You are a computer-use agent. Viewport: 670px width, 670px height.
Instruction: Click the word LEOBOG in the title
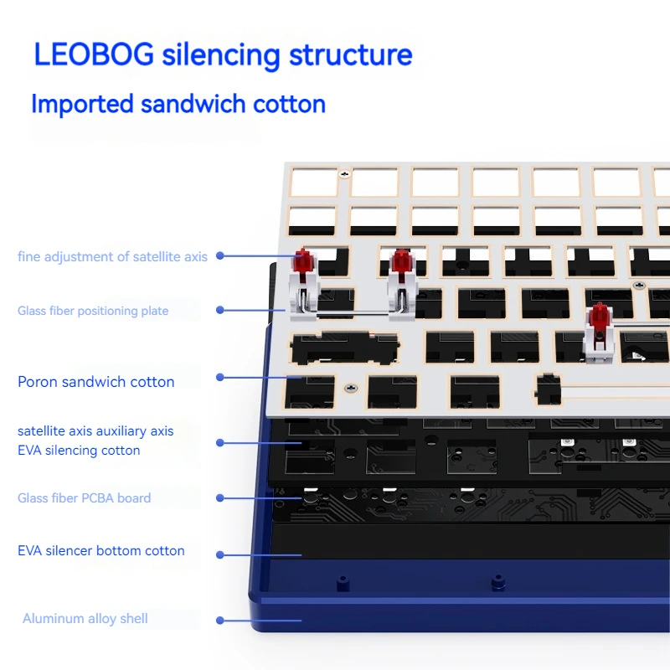tap(94, 54)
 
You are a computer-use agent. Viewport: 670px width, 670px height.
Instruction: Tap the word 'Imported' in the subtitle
tap(82, 104)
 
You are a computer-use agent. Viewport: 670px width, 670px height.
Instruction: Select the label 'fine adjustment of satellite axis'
tap(112, 256)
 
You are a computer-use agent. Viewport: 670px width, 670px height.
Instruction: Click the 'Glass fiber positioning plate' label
tap(93, 311)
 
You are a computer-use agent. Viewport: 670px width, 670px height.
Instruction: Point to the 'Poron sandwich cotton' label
tap(96, 382)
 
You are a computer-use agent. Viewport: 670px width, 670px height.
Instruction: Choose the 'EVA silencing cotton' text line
tap(79, 451)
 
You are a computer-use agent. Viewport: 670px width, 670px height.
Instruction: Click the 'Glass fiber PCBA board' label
tap(84, 498)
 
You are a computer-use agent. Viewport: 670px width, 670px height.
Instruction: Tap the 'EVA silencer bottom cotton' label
tap(100, 551)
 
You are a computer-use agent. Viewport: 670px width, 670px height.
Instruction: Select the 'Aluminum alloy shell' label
tap(85, 619)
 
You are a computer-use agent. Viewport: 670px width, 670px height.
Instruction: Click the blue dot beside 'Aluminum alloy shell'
tap(220, 621)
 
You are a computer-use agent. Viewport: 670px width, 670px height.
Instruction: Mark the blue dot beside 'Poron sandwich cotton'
tap(220, 378)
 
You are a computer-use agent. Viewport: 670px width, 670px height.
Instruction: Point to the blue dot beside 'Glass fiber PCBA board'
tap(220, 498)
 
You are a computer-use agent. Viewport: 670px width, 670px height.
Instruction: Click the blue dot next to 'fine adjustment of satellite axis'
tap(220, 256)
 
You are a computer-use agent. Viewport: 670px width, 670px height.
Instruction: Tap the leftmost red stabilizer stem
tap(302, 261)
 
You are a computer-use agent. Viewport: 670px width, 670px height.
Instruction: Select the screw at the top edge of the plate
tap(344, 175)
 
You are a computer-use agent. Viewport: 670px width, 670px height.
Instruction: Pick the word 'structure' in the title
tap(351, 54)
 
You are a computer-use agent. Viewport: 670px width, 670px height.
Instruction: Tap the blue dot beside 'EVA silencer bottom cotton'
tap(220, 554)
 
